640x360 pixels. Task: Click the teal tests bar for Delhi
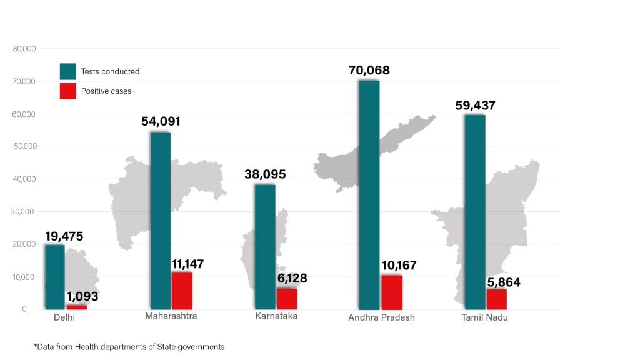[54, 277]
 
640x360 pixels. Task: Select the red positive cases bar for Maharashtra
[182, 291]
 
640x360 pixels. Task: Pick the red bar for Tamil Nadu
[496, 299]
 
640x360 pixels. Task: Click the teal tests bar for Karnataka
[264, 247]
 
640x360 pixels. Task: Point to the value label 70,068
[369, 70]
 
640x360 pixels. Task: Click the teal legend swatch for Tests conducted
[68, 71]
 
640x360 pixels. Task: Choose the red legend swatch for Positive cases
[68, 91]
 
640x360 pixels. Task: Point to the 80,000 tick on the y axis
[24, 49]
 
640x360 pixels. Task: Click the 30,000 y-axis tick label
[24, 212]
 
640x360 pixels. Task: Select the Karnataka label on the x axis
[276, 316]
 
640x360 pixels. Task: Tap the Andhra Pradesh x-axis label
[381, 317]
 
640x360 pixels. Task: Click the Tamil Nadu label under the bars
[485, 317]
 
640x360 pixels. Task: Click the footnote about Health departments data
[129, 346]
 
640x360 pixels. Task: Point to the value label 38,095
[265, 174]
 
